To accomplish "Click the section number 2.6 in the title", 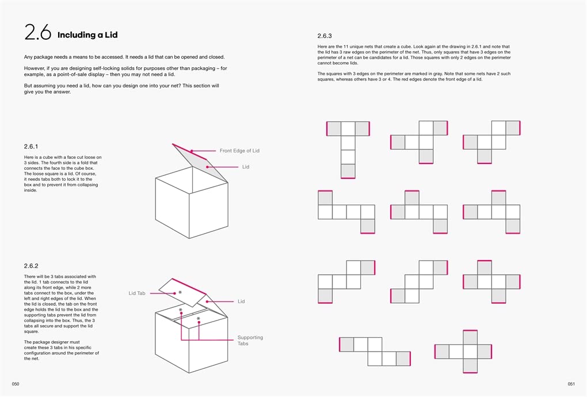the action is click(x=38, y=32).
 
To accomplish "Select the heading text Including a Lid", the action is click(x=87, y=35).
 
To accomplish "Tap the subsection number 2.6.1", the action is click(x=31, y=146).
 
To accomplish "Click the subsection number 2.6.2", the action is click(x=31, y=266).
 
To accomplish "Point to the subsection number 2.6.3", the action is click(x=325, y=36).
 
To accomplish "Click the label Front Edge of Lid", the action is click(x=239, y=150).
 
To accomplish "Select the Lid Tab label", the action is click(x=136, y=293).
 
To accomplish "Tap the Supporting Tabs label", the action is click(x=250, y=341).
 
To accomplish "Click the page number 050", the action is click(x=16, y=384).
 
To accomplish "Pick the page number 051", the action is click(x=571, y=384).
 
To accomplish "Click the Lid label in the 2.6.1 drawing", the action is click(x=246, y=167).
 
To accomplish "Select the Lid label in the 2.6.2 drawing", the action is click(x=241, y=301).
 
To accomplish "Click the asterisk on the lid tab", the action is click(x=180, y=292).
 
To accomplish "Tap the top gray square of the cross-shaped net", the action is click(x=470, y=338).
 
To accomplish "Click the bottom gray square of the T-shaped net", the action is click(x=348, y=171).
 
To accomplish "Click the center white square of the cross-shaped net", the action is click(x=470, y=352).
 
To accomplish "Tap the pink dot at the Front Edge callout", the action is click(x=191, y=151).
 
